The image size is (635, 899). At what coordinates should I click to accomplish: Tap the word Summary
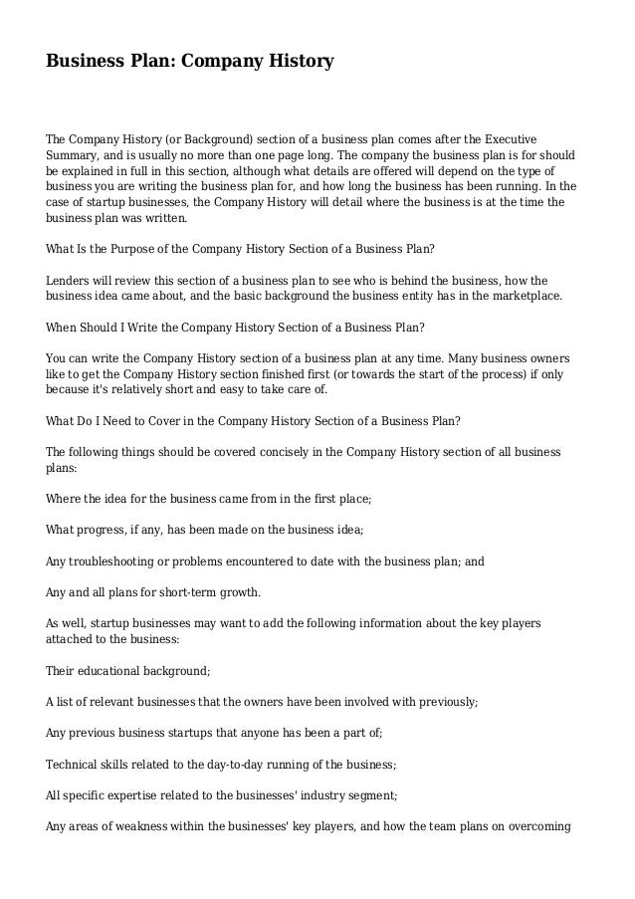point(74,156)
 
